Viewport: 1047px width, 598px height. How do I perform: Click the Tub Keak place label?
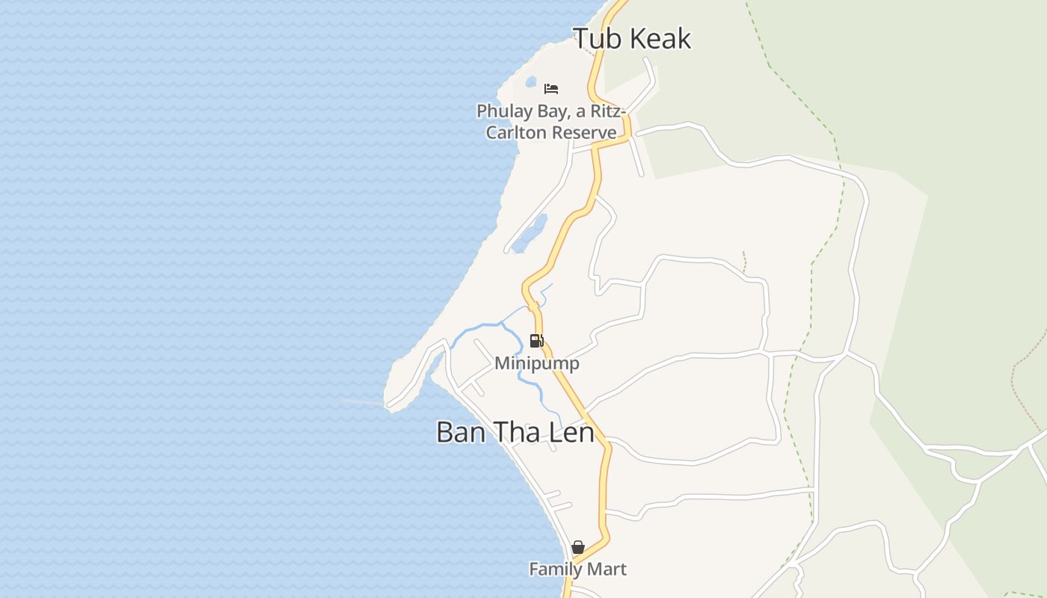click(632, 39)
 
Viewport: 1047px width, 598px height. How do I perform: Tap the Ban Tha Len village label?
click(515, 432)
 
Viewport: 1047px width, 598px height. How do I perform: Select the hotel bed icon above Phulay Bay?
click(551, 89)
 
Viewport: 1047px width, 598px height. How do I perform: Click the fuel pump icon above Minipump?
click(536, 341)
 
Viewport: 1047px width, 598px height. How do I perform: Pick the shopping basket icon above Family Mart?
click(577, 548)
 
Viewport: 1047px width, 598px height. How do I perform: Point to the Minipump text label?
click(537, 363)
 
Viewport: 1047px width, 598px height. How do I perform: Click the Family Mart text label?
click(577, 570)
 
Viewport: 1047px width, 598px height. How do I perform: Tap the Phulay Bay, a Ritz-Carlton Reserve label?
click(551, 122)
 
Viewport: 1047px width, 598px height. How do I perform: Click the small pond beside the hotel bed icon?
click(531, 81)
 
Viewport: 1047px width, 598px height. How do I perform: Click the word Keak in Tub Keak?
click(660, 39)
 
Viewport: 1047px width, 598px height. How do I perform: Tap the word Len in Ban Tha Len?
click(570, 432)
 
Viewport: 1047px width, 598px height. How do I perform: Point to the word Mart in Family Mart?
click(607, 570)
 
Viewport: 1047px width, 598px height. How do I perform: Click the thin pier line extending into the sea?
click(363, 403)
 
